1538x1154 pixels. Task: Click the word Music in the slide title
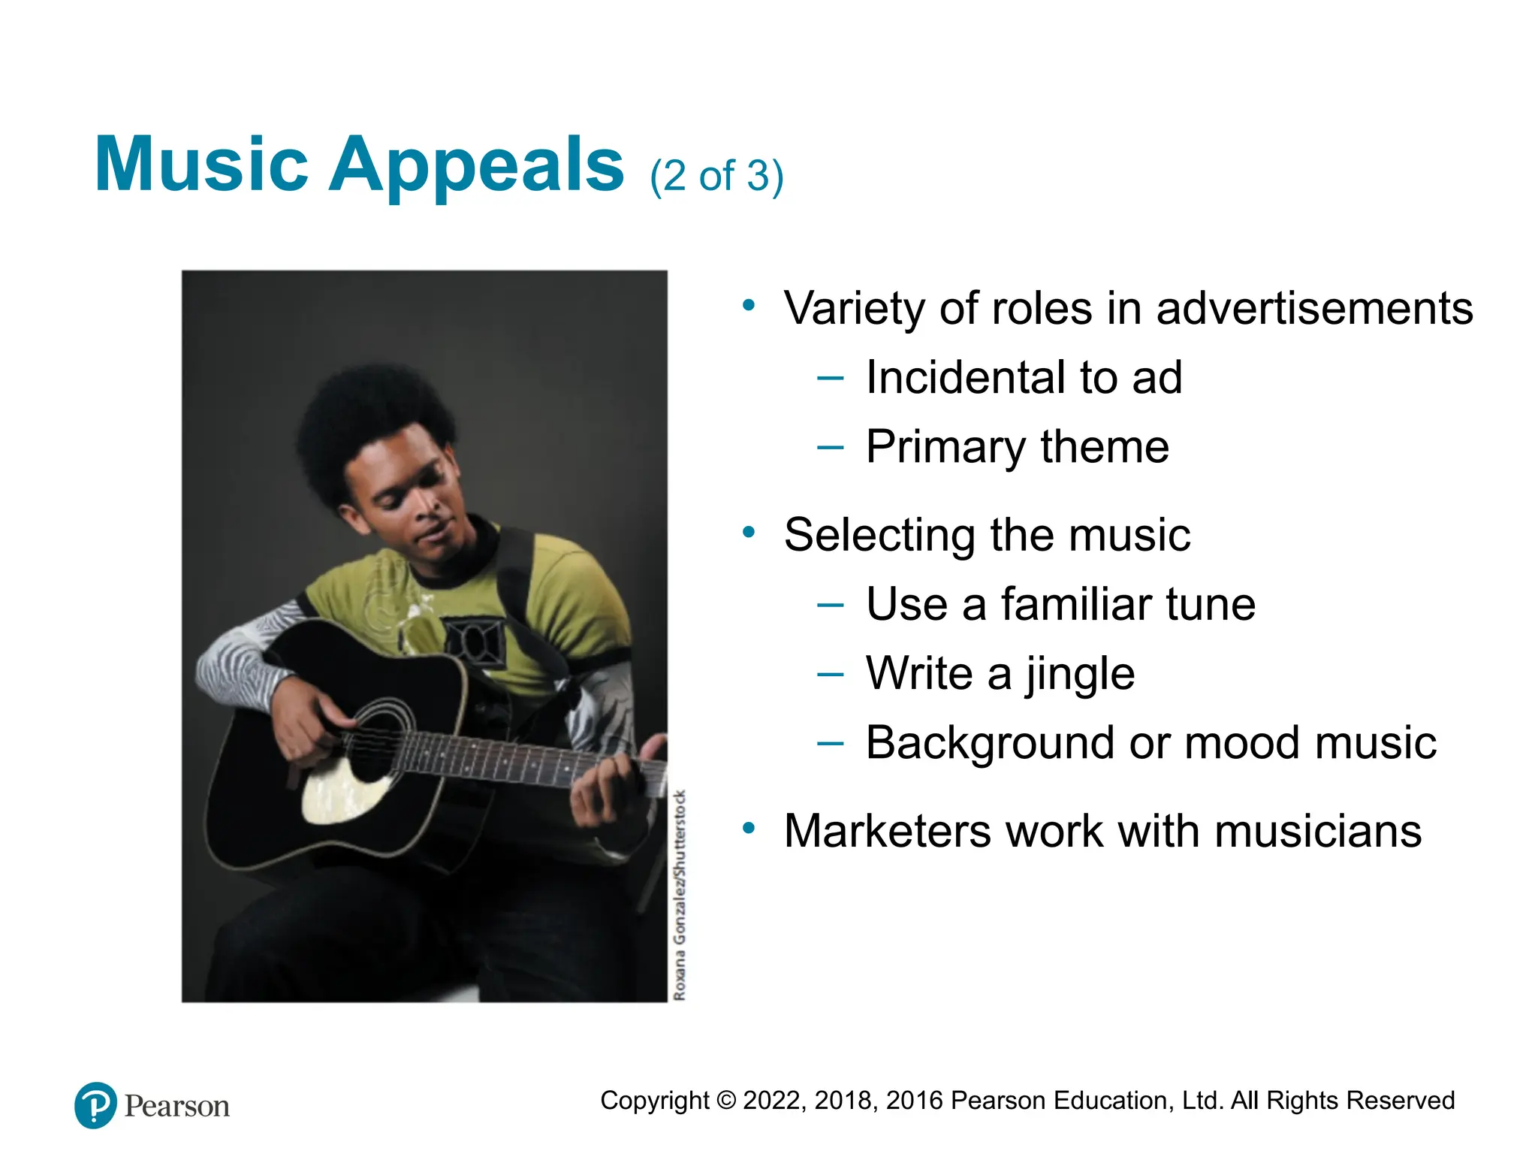(201, 165)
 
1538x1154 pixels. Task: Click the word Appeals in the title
(476, 165)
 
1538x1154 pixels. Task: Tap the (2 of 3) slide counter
(716, 177)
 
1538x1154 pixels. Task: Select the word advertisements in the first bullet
(1314, 309)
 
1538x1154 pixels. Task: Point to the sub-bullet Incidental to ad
(1024, 378)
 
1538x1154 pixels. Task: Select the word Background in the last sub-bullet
(990, 744)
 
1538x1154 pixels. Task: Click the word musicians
(1317, 832)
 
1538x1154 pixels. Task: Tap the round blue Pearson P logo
(95, 1105)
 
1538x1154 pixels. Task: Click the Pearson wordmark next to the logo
(177, 1107)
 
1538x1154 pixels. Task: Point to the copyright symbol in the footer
(726, 1101)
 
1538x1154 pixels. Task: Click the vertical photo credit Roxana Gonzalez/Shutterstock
(680, 894)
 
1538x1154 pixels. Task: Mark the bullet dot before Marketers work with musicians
(748, 829)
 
